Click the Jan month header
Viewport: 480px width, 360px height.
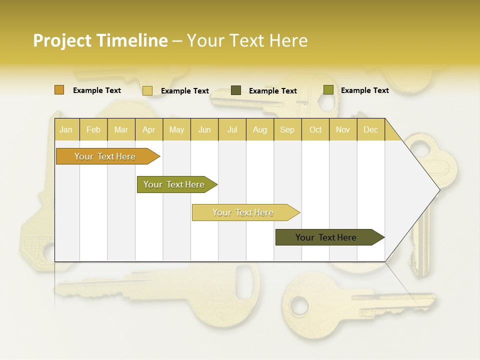pos(66,129)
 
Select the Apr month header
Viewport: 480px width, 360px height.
pos(148,129)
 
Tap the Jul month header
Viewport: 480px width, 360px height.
pos(232,129)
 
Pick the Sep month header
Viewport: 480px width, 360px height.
pos(287,129)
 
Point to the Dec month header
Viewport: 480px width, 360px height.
pos(370,129)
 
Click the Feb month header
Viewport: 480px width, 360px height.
pos(93,129)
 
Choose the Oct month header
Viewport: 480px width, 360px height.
pos(315,129)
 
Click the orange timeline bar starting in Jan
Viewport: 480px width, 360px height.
pos(105,156)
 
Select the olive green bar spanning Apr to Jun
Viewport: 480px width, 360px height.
pos(174,184)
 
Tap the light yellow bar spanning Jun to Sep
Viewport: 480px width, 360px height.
pos(243,212)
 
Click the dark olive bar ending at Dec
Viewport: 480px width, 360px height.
pos(326,237)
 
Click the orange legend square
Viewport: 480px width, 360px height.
pos(59,90)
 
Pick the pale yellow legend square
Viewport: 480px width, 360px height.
pos(147,90)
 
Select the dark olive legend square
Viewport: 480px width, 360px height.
pos(235,90)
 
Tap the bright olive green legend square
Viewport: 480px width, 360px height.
pos(328,90)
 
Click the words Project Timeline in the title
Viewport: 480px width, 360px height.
pos(100,40)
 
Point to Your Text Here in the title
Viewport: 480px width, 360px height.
pos(247,40)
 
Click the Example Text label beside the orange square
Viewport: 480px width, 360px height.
pos(96,90)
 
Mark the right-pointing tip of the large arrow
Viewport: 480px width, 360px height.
pos(438,189)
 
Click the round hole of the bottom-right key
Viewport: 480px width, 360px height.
pos(300,304)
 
